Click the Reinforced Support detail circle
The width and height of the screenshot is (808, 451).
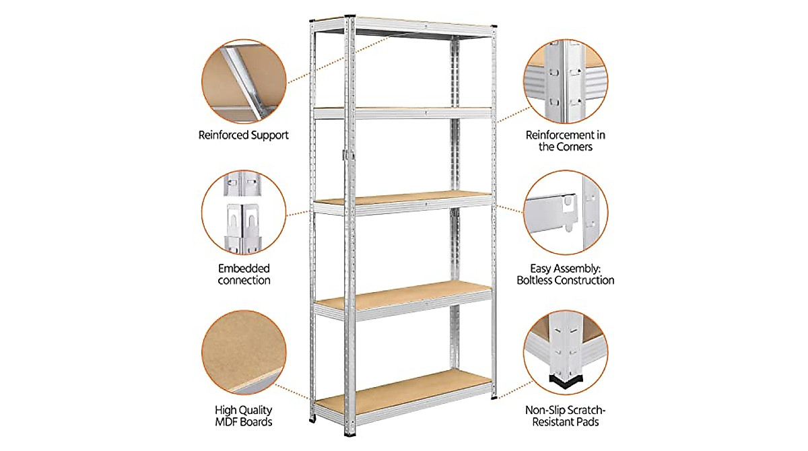pos(244,81)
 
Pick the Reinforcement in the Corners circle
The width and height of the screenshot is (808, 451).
pos(565,81)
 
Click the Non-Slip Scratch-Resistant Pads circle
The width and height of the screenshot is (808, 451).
pos(565,354)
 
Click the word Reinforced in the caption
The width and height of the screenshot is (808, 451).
pos(225,135)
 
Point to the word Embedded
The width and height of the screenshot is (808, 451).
pos(244,266)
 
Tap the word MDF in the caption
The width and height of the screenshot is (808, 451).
pos(230,422)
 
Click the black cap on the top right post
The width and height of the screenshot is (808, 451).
pos(494,27)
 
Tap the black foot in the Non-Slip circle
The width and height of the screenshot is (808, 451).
pos(566,384)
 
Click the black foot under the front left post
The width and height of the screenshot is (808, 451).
pos(311,422)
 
